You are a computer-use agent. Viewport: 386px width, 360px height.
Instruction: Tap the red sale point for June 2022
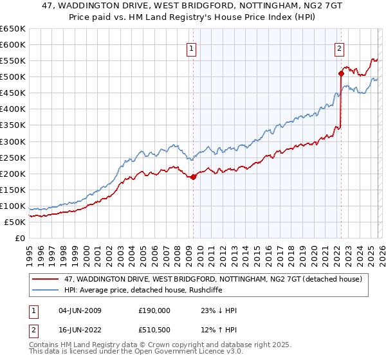[341, 73]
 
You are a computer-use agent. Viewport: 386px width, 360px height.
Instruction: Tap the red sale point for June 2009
[193, 177]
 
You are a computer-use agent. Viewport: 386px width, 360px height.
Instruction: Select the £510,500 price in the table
[154, 331]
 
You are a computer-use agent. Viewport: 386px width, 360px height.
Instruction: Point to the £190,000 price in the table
[154, 310]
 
